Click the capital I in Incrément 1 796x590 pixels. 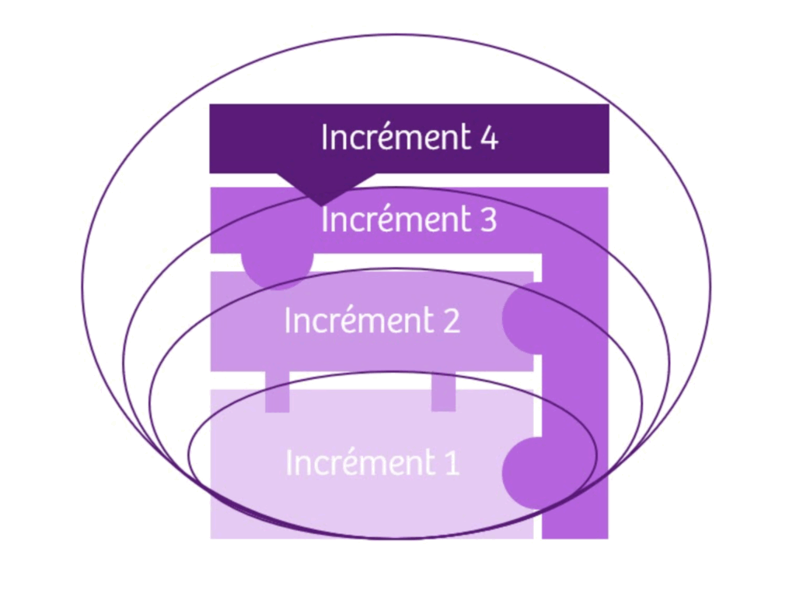point(289,462)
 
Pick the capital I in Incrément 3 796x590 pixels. point(324,220)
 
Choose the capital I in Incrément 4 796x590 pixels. point(324,138)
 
